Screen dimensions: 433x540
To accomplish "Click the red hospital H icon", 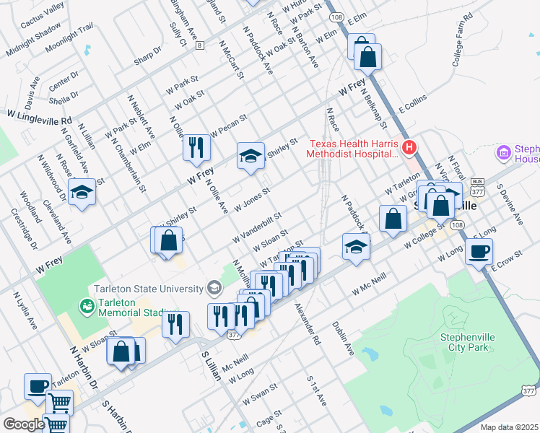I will tap(410, 148).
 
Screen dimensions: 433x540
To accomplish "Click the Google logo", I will tap(24, 424).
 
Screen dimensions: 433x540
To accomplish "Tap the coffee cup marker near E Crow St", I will tap(479, 253).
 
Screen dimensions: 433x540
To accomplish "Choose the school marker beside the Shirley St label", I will tap(250, 157).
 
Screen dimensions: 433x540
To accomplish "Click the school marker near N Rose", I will tap(82, 193).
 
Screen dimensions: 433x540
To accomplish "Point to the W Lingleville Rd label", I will tap(40, 115).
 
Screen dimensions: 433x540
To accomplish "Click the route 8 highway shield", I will tap(199, 45).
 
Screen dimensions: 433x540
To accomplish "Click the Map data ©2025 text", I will tap(509, 427).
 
